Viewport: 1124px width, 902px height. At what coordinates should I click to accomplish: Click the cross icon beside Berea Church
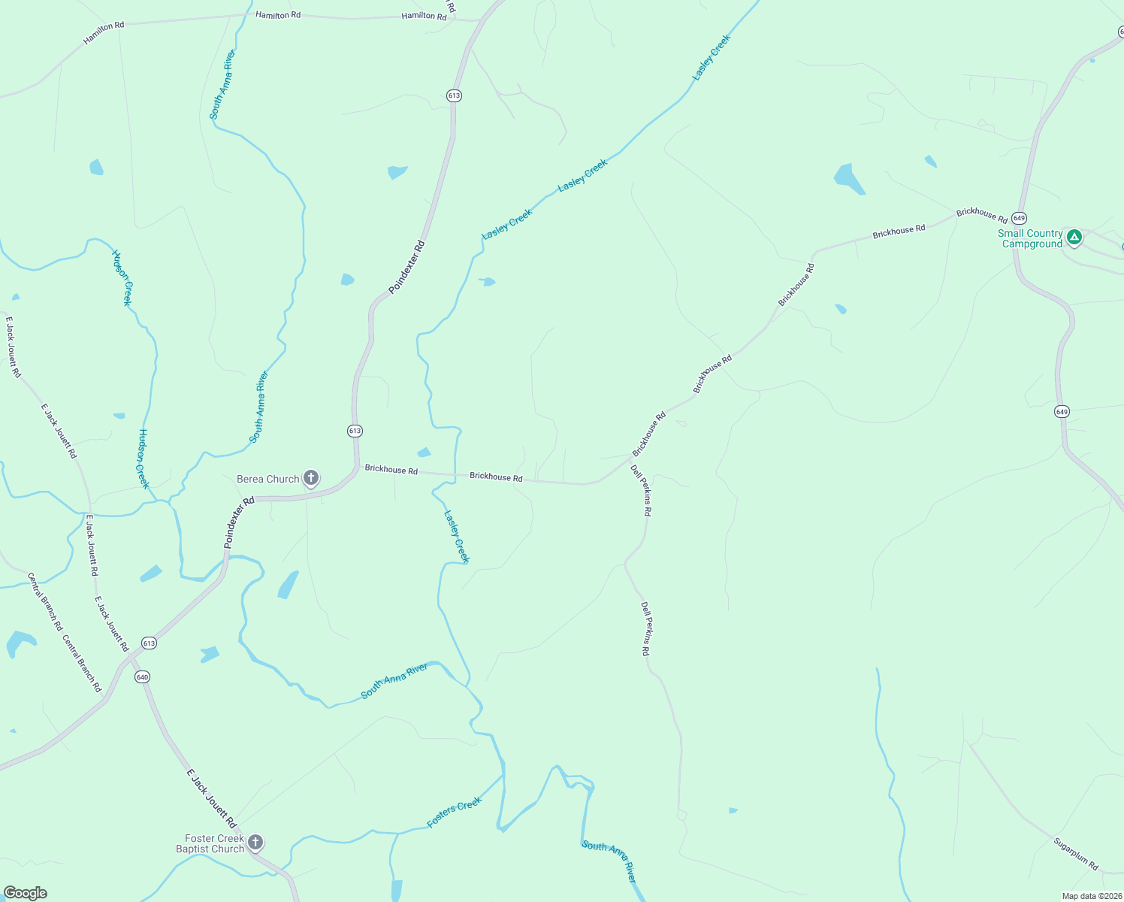[310, 477]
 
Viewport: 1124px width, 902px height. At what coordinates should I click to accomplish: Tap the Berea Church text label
[267, 479]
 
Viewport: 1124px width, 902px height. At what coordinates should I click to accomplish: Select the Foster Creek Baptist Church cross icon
[255, 842]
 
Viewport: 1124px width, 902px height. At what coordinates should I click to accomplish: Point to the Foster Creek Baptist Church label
[210, 843]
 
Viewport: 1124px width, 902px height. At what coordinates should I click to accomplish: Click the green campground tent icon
[1074, 237]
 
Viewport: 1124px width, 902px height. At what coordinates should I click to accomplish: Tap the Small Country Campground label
[1030, 238]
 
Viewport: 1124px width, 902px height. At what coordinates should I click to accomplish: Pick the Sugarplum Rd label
[1076, 854]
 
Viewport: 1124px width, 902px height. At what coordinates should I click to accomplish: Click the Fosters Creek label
[454, 813]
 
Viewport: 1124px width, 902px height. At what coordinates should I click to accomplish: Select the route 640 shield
[142, 676]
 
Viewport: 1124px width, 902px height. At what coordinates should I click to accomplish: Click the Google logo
[26, 893]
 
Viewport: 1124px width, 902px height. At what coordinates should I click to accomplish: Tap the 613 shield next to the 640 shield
[149, 643]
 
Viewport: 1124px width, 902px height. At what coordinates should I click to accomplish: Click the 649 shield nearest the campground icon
[1019, 218]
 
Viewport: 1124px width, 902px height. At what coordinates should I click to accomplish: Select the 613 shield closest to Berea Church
[355, 431]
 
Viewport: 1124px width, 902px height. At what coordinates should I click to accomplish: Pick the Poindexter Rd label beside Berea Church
[239, 521]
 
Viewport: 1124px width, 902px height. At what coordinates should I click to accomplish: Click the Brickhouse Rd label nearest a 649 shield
[981, 214]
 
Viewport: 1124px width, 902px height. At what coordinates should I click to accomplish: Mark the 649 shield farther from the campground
[1061, 411]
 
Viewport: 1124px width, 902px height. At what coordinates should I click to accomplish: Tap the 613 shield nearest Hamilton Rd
[454, 95]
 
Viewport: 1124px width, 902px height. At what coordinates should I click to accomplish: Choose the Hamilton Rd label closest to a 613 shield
[424, 16]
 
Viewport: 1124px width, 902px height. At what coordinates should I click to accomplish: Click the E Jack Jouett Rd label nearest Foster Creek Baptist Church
[211, 798]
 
